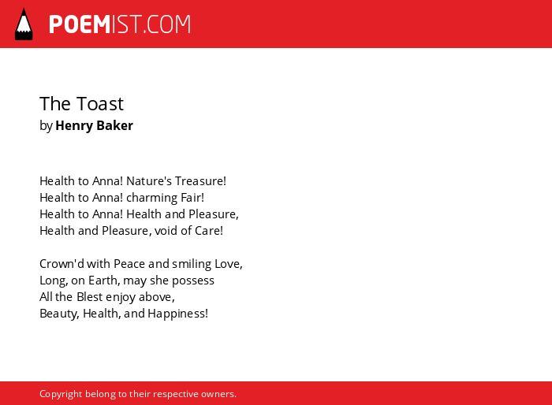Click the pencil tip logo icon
[x=24, y=24]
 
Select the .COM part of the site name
[x=167, y=24]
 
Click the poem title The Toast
[x=82, y=104]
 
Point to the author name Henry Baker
[x=94, y=125]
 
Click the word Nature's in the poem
[x=149, y=181]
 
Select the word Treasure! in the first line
[x=200, y=181]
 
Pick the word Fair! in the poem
[x=192, y=198]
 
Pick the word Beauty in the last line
[x=59, y=314]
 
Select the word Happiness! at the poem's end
[x=177, y=314]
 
